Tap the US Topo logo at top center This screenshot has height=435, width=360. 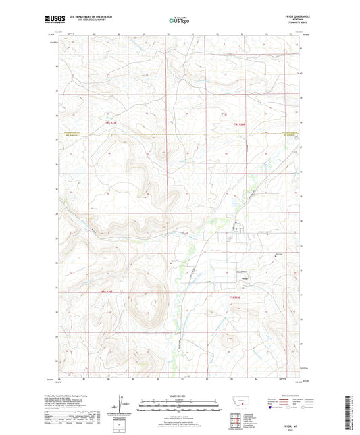[x=180, y=20]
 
